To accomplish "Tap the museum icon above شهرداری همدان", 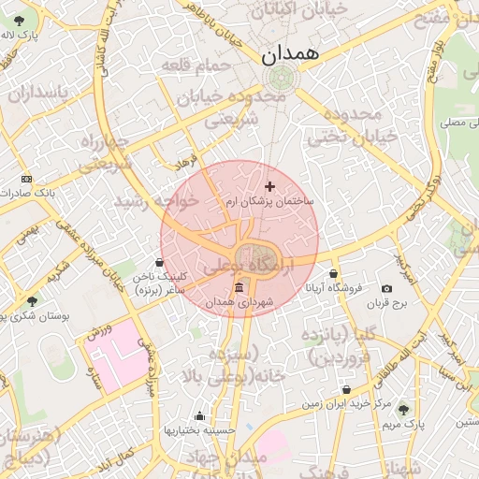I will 239,286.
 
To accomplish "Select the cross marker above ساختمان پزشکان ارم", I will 270,187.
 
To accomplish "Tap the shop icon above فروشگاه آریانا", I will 334,274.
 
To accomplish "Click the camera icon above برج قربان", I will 387,289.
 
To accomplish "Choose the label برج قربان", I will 388,303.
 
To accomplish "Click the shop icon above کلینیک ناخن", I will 161,262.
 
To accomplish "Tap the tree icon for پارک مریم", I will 403,410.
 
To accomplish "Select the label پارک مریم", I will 403,425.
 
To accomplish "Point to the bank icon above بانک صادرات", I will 25,179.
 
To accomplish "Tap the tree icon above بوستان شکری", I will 33,301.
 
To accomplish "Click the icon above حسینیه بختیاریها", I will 198,416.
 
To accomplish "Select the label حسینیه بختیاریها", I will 197,430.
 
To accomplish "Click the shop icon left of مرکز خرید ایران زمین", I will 347,389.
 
